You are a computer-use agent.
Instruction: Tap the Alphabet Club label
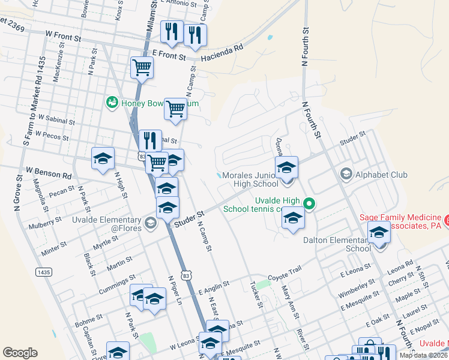[x=382, y=175]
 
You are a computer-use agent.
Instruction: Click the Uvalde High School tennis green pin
[x=309, y=203]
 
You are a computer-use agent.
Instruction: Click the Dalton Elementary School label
[x=337, y=244]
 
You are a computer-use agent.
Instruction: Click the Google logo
[x=20, y=352]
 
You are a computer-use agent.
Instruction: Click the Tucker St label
[x=257, y=296]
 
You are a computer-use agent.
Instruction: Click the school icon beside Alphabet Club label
[x=346, y=175]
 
